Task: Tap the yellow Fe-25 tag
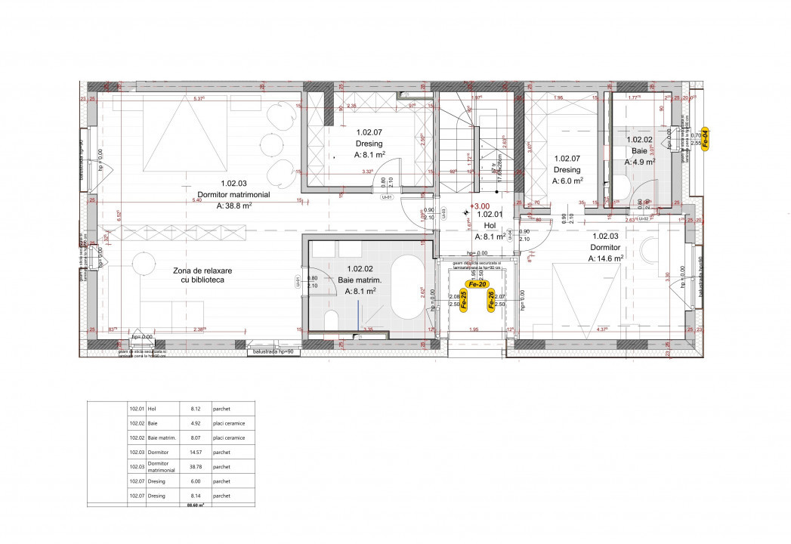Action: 464,300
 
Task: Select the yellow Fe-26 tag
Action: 491,300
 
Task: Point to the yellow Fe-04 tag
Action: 704,140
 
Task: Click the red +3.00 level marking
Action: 480,206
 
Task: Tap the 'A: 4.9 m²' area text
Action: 639,161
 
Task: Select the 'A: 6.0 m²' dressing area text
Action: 567,181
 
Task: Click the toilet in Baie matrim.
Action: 330,321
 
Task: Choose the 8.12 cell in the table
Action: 196,408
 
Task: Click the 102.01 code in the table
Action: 137,408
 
